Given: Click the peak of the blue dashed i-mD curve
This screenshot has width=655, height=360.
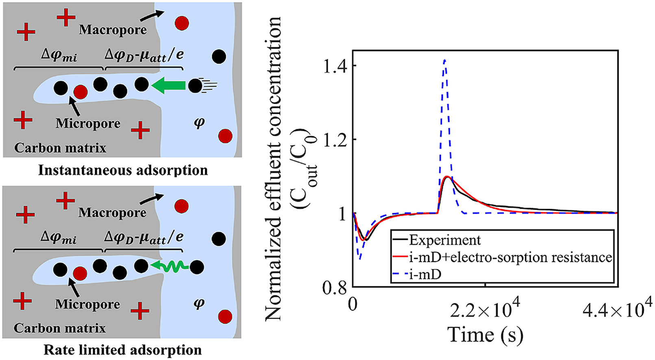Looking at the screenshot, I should pos(445,61).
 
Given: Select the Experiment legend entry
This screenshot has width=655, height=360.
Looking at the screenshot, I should pos(444,240).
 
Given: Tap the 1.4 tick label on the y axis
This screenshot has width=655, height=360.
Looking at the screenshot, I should pos(335,66).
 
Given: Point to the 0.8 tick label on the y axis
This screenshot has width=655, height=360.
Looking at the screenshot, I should pos(335,288).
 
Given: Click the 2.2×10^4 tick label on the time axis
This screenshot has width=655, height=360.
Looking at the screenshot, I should pos(485,310).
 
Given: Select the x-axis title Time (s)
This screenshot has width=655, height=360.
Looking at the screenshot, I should pos(485,335).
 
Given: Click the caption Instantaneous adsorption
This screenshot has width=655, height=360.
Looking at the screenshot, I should pos(123,170).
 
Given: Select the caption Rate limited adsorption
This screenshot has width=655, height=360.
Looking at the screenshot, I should pos(122,350).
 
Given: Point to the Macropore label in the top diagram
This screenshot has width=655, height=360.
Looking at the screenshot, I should pos(113,30).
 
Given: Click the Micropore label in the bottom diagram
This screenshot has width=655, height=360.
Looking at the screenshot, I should pos(88,304).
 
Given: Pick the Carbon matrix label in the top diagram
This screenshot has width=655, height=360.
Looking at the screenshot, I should pos(60,148).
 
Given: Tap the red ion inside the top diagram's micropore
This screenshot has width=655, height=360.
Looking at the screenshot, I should pos(81,92).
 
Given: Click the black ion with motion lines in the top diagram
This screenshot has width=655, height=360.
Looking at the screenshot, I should pos(196,85).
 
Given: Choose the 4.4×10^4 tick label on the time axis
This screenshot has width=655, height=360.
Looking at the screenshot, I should pos(617,310).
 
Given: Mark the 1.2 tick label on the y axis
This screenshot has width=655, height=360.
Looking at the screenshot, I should pos(335,140).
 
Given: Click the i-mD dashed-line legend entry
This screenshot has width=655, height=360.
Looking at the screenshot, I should pos(425,274).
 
